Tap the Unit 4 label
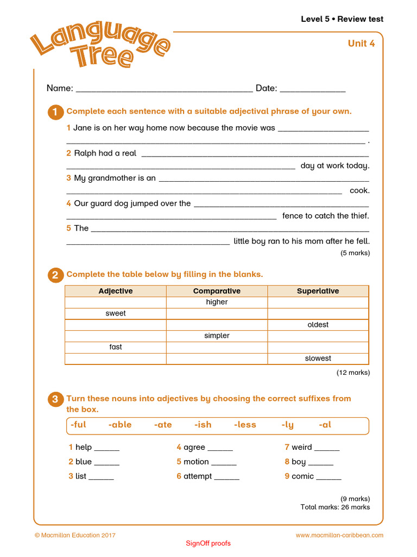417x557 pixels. (361, 44)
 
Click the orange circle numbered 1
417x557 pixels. (55, 113)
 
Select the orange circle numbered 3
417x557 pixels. (55, 400)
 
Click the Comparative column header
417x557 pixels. (217, 291)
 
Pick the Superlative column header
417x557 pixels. (318, 291)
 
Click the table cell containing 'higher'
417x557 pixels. (217, 302)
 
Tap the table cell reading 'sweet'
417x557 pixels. (116, 313)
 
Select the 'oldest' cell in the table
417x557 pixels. (318, 325)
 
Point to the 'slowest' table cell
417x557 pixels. (318, 358)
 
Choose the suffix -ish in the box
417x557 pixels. (203, 425)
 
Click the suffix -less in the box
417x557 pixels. (245, 425)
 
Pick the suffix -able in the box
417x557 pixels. (120, 425)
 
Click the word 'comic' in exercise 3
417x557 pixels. (302, 476)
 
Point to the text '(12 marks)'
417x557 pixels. (353, 373)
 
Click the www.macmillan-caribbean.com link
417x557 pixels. (339, 535)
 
